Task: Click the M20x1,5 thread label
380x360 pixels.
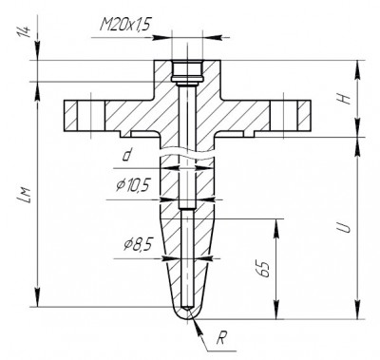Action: (x=124, y=24)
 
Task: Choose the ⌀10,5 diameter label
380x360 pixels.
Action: (x=132, y=185)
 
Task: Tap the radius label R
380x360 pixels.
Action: (x=221, y=338)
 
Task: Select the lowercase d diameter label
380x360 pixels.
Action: (x=127, y=155)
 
